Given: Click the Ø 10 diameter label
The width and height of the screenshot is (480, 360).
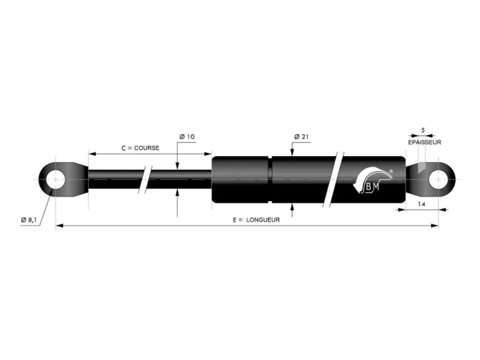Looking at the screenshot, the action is [x=187, y=136].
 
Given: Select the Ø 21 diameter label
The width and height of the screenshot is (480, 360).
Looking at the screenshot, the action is [x=301, y=137].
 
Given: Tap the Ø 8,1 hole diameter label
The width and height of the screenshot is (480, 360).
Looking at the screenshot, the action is [x=29, y=220].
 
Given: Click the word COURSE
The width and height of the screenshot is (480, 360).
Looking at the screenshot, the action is [x=147, y=148].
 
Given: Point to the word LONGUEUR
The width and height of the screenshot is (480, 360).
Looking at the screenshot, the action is [x=263, y=220].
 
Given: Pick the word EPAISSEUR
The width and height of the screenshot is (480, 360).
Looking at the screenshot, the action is [x=425, y=142].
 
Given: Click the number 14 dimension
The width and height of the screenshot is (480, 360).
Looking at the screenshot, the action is [x=422, y=204].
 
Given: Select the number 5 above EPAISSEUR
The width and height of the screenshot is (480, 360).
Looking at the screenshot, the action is [x=423, y=130].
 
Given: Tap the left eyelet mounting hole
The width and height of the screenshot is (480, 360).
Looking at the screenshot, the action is [x=56, y=179].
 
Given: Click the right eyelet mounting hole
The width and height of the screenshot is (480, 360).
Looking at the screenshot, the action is [x=438, y=179].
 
